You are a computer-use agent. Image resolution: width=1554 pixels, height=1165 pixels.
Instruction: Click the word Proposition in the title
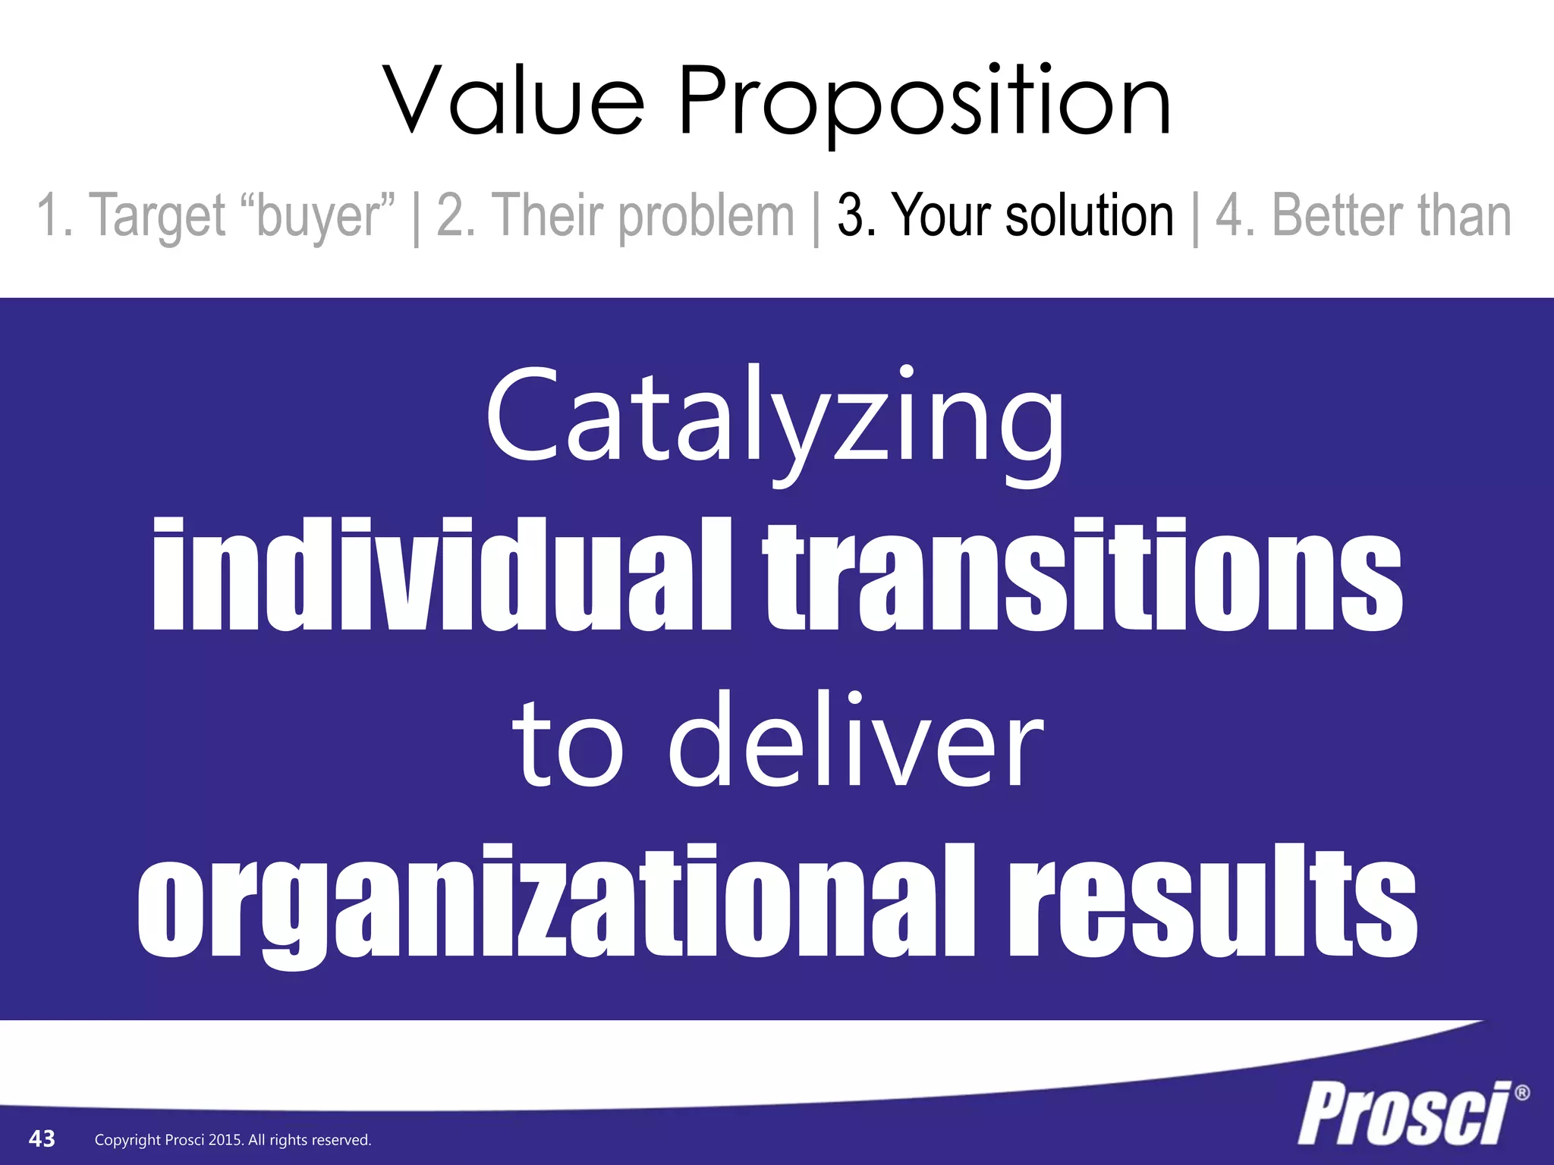[x=924, y=103]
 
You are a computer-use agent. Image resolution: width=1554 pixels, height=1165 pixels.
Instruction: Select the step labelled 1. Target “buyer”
[x=216, y=216]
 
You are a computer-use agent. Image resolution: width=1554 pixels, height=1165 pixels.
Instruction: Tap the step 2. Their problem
[x=615, y=216]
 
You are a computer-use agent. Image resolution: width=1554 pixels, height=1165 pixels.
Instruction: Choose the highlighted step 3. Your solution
[x=1005, y=216]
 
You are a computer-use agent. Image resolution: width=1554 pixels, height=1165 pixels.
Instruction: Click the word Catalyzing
[x=775, y=422]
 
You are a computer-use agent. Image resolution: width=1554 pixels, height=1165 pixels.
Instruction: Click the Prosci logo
[x=1404, y=1113]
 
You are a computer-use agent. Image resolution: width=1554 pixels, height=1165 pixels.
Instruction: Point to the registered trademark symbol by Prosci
[x=1521, y=1093]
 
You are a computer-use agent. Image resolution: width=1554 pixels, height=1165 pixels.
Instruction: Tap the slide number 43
[x=42, y=1138]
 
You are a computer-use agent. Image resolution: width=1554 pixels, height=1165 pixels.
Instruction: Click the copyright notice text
[x=233, y=1140]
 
